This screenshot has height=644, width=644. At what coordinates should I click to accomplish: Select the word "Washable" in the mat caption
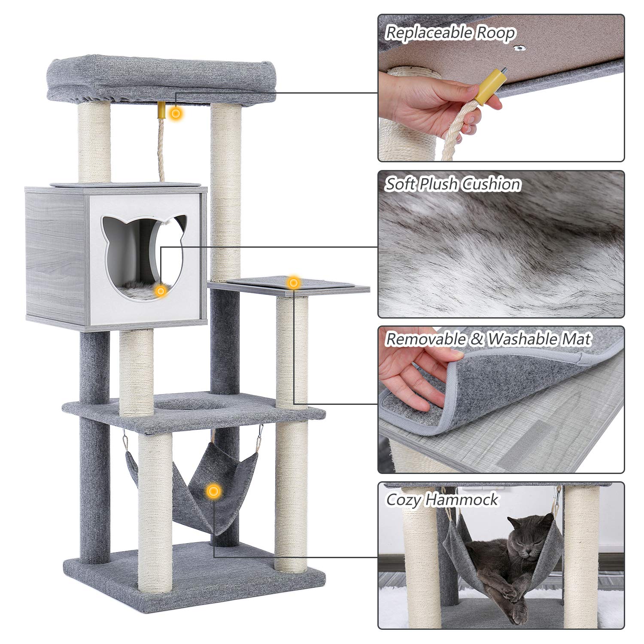coord(521,339)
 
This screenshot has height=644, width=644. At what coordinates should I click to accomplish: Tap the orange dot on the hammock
coord(213,491)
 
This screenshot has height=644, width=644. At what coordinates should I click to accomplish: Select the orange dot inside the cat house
coord(161,291)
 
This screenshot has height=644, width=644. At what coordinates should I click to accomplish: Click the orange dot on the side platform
coord(293,283)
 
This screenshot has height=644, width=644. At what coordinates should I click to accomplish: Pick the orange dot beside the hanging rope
coord(175,114)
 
